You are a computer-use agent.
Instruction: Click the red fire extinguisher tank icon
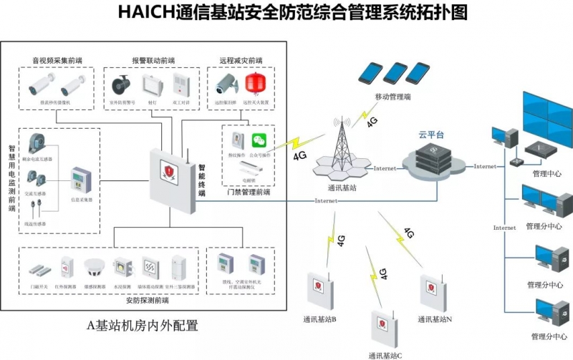click(x=251, y=84)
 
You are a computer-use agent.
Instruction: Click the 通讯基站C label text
click(x=385, y=354)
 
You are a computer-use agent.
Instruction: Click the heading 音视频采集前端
click(x=56, y=60)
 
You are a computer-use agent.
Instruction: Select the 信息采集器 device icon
click(x=80, y=183)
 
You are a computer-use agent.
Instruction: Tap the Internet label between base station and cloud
click(x=384, y=168)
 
